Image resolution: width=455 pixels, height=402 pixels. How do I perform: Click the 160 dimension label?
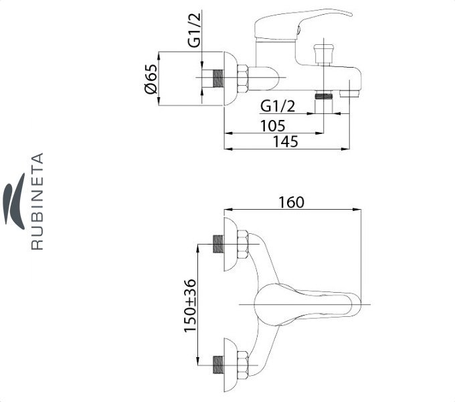[x=291, y=202]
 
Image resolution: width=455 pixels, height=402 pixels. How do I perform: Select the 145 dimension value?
[x=286, y=141]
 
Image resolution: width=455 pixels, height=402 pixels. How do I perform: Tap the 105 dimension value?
[x=273, y=126]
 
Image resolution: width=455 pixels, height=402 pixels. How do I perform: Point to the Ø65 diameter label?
[x=151, y=78]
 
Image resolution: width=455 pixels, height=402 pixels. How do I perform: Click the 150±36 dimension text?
[x=190, y=306]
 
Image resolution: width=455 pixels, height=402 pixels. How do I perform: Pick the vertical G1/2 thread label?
[x=194, y=30]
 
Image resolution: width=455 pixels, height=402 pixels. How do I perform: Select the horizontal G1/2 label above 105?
[x=278, y=107]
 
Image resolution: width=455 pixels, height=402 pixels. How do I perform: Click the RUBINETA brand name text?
[x=37, y=201]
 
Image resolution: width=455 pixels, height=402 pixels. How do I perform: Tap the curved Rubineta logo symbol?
[x=14, y=201]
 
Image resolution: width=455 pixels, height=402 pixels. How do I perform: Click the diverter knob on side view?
[x=324, y=54]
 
